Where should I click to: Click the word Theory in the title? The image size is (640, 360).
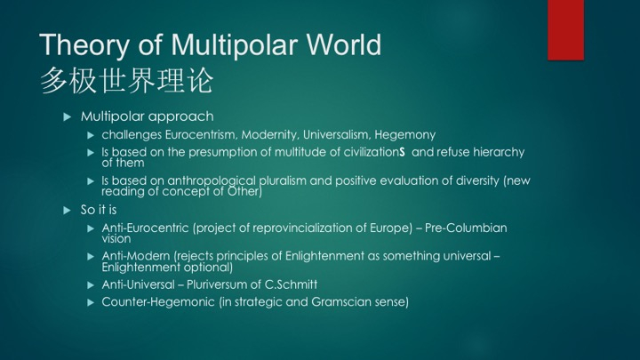84,45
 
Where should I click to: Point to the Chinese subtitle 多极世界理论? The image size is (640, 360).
126,81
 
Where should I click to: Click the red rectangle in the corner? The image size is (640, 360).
565,30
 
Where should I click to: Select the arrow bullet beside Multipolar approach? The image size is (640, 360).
68,117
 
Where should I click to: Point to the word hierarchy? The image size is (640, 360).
499,153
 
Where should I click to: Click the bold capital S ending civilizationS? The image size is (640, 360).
402,152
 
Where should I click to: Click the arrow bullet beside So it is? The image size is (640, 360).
68,211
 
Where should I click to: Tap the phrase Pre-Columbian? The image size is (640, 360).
466,228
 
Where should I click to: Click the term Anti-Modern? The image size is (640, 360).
136,256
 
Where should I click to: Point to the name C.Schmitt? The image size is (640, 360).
291,284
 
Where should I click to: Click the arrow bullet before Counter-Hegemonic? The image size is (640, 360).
91,303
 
